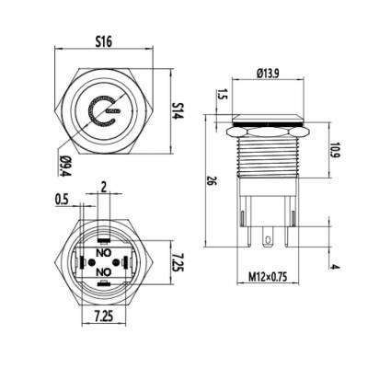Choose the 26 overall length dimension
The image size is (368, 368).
pos(210,181)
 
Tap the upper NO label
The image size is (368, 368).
pos(104,250)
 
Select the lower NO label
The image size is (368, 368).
pos(104,272)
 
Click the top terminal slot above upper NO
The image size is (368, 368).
pos(104,236)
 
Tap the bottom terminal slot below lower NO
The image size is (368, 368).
pos(104,287)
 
